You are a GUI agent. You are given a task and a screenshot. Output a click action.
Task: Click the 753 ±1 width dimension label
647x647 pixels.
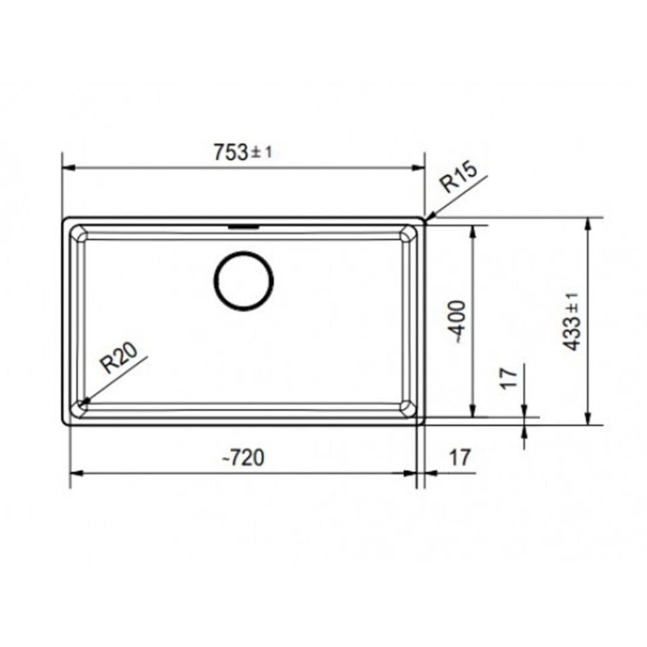coord(243,153)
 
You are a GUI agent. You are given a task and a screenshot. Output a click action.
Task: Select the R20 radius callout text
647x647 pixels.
coord(119,359)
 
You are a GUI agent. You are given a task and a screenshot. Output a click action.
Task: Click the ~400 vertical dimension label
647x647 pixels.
coord(458,321)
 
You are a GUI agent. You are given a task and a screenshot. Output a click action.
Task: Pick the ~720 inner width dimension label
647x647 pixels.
coord(243,458)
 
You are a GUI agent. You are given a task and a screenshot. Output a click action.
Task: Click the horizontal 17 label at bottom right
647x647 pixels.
coord(458,458)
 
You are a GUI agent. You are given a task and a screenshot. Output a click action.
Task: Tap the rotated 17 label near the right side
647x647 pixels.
coord(510,377)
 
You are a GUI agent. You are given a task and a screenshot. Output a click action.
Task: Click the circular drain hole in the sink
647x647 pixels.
coord(243,281)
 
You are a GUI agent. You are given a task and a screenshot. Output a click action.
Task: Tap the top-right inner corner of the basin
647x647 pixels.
coord(408,233)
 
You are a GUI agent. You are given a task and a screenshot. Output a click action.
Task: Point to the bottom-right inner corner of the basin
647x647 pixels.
coord(408,406)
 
